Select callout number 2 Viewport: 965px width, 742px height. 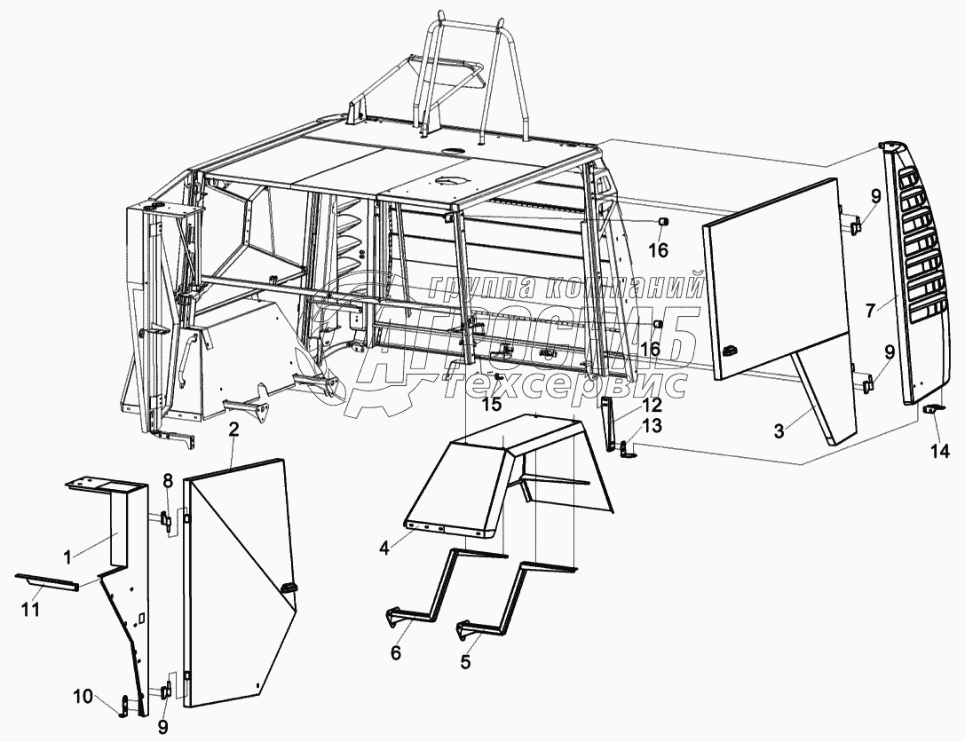coord(233,430)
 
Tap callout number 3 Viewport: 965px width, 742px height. coord(779,431)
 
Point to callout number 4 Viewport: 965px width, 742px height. coord(384,548)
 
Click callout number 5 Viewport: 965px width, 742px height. coord(466,660)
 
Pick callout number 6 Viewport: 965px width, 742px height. coord(396,653)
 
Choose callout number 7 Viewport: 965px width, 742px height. coord(871,309)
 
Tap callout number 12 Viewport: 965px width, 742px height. coord(653,405)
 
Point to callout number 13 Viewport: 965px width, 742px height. coord(653,426)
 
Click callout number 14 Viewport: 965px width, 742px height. coord(940,451)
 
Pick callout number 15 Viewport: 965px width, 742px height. coord(491,405)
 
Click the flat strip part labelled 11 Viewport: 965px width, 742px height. coord(48,580)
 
